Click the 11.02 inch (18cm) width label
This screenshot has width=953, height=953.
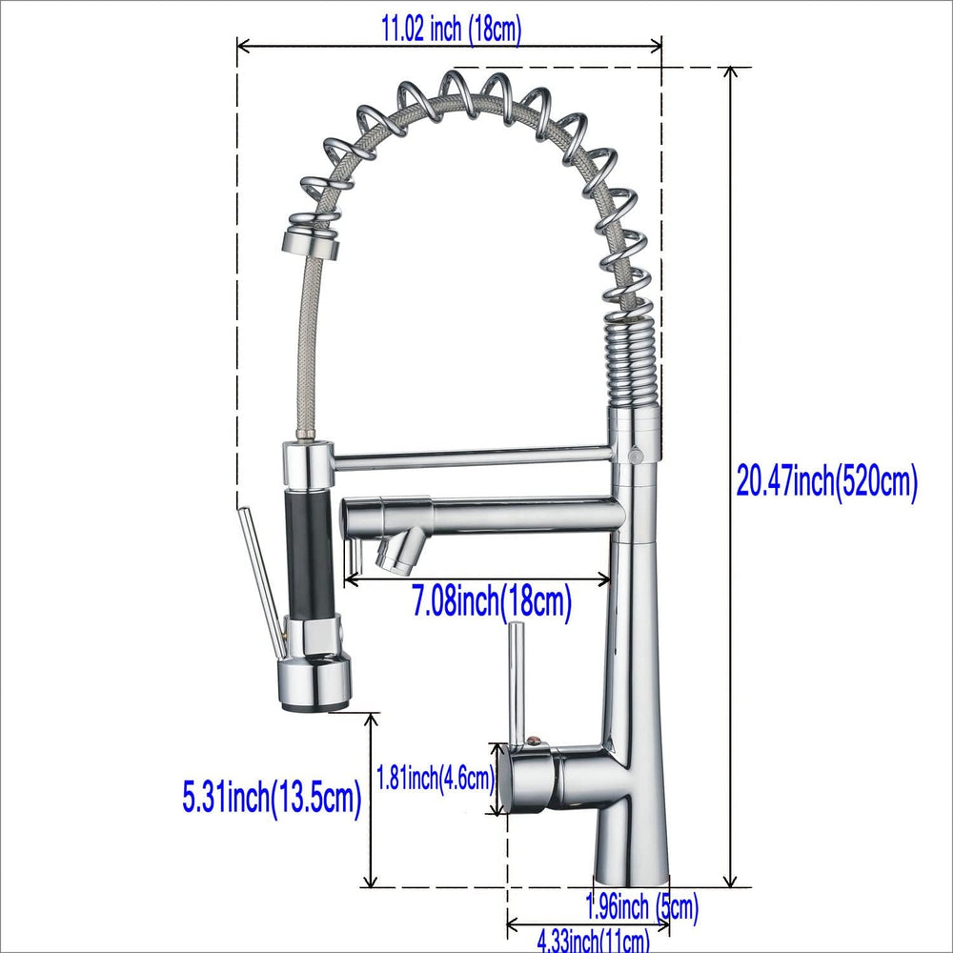tap(451, 30)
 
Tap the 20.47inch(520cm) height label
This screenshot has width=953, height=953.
tap(827, 480)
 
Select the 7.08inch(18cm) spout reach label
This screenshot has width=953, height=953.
tap(493, 601)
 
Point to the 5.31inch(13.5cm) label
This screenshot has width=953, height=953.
tap(272, 798)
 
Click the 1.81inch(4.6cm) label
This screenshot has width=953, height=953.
tap(436, 778)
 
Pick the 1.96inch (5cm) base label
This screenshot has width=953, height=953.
tap(641, 908)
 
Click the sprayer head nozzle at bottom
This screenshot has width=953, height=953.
tap(314, 682)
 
